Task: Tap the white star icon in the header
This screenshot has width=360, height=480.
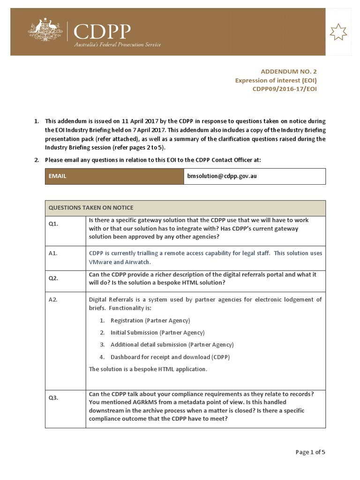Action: pos(338,32)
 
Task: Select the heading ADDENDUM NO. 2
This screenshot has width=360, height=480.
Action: pos(289,72)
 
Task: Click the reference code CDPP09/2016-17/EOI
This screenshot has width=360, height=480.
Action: pos(285,89)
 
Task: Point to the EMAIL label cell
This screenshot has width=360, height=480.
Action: pos(58,176)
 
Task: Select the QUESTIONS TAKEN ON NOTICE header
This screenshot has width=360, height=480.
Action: pos(91,208)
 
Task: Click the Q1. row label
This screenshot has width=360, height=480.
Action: pos(53,224)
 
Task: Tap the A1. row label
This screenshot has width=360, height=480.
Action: pos(53,253)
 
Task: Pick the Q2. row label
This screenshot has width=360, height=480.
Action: pos(53,278)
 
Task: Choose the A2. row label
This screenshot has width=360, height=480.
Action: pos(53,300)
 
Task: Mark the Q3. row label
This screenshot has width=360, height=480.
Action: pos(53,397)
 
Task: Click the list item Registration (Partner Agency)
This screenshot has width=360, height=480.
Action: pos(150,321)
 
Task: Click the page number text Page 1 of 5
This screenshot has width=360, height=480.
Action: pos(310,452)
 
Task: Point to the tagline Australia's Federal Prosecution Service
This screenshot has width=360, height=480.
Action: pos(118,45)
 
